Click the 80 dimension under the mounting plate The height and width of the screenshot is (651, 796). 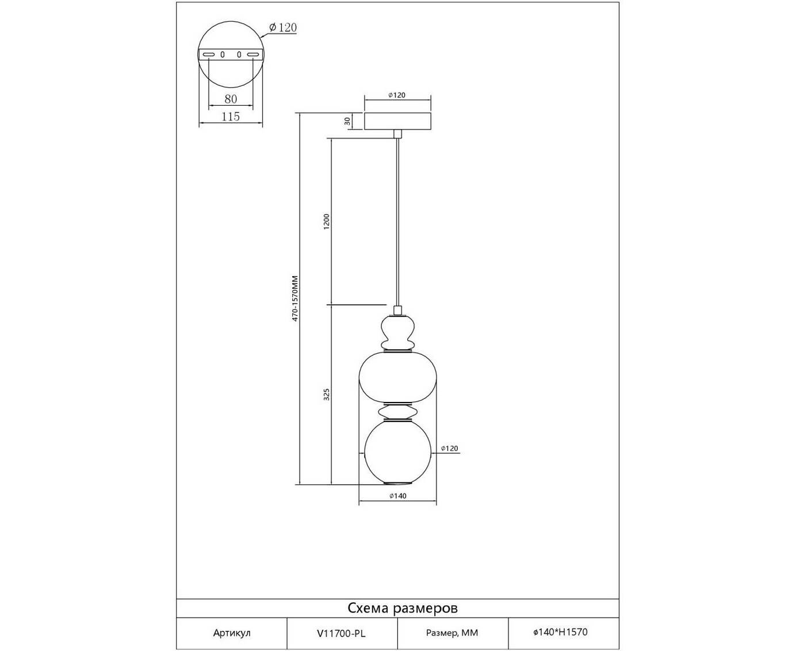231,99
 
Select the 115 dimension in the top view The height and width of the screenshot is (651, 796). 231,116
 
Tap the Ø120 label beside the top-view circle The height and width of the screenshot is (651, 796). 283,28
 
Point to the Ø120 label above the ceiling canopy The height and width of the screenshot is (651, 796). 397,95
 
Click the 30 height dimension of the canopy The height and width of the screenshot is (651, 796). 347,121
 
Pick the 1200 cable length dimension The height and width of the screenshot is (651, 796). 327,221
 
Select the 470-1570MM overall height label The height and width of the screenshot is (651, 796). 295,298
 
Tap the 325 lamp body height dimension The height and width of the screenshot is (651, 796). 327,395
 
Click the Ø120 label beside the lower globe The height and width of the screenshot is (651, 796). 450,448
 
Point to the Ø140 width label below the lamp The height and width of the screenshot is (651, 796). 398,496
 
